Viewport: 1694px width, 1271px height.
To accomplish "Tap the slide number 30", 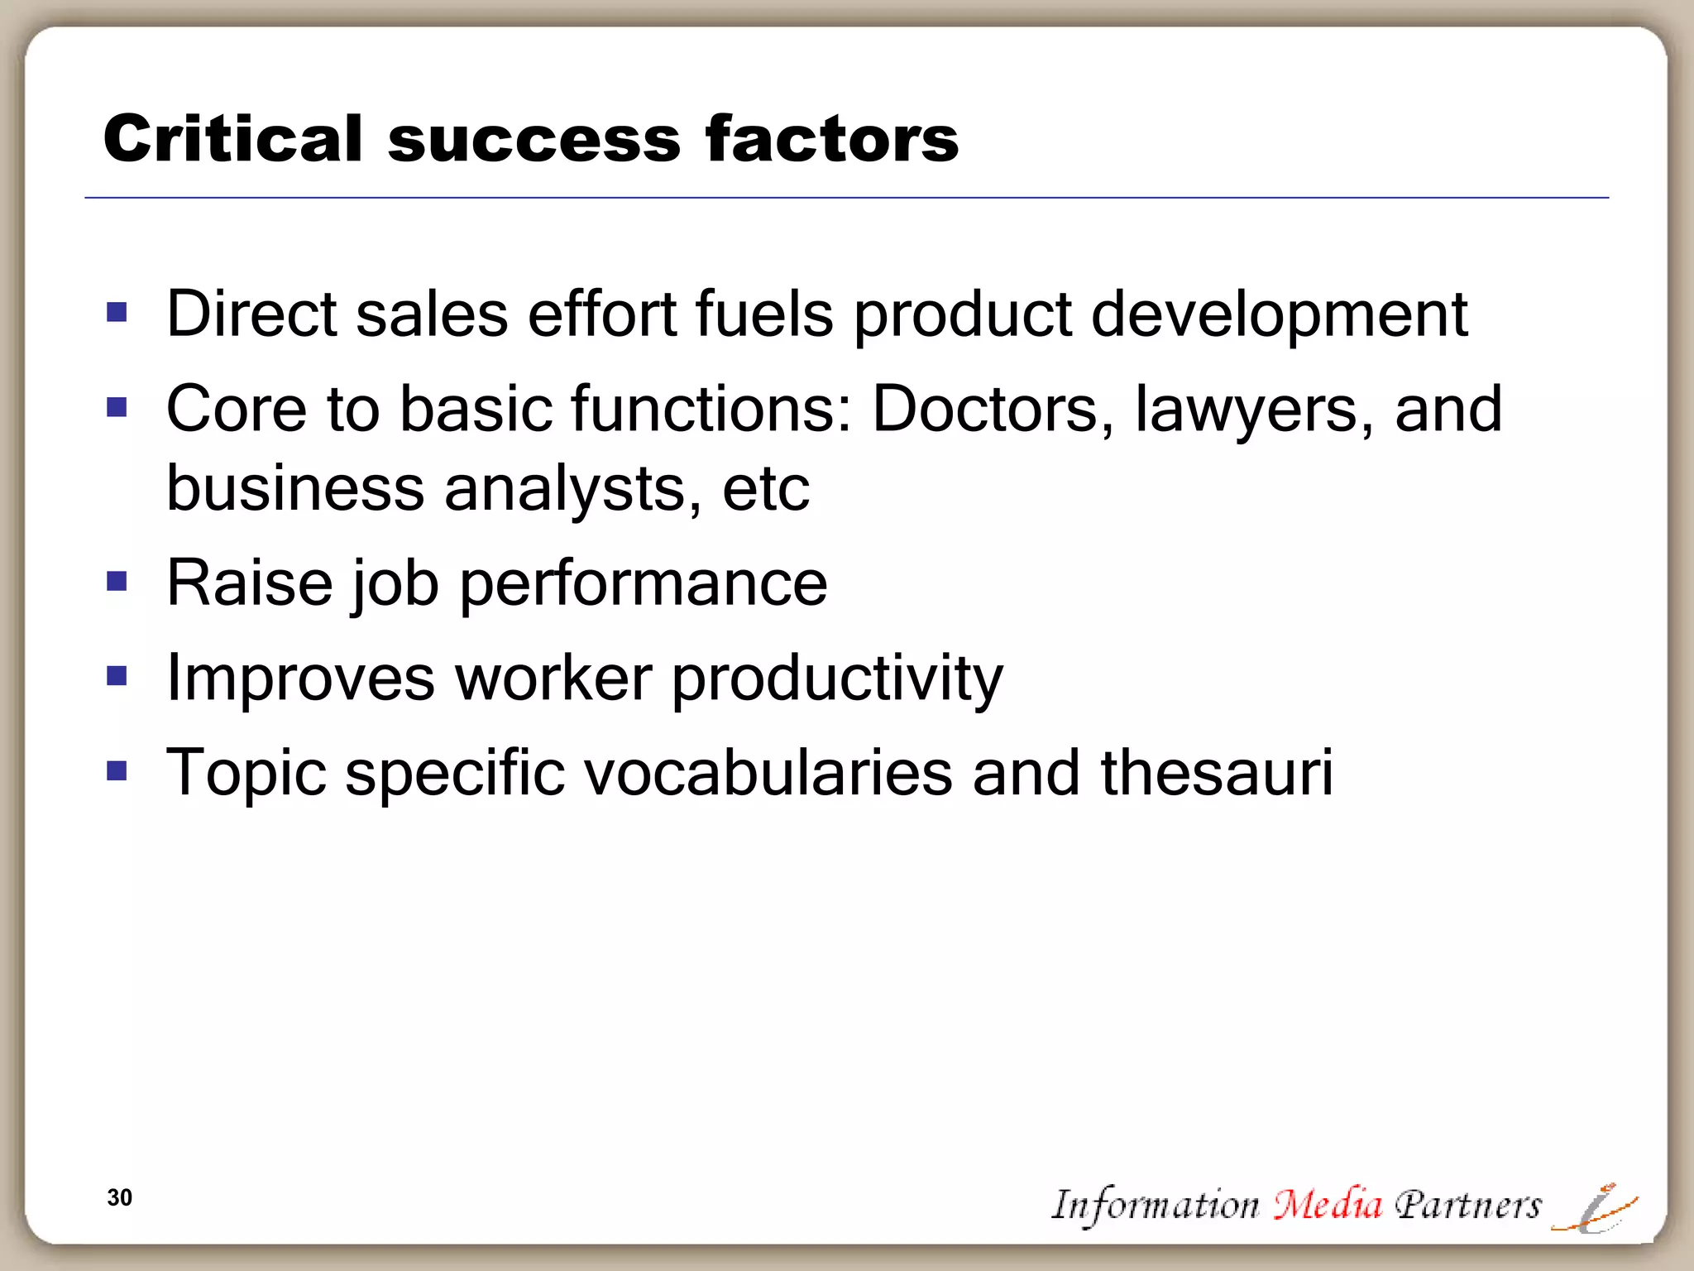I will coord(119,1197).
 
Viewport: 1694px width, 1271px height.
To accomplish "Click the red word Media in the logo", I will coord(1327,1204).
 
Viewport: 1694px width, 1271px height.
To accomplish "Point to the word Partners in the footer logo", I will coord(1467,1205).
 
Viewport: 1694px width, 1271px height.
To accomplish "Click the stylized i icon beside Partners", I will coord(1596,1208).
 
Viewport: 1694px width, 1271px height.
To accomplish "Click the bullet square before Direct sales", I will coord(117,312).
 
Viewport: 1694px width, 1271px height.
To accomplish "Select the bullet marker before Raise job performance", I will coord(117,582).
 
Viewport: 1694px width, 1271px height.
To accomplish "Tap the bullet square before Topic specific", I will coord(117,771).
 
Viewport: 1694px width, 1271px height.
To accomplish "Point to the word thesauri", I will coord(1216,773).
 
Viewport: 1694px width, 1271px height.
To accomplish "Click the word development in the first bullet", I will coord(1279,314).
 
